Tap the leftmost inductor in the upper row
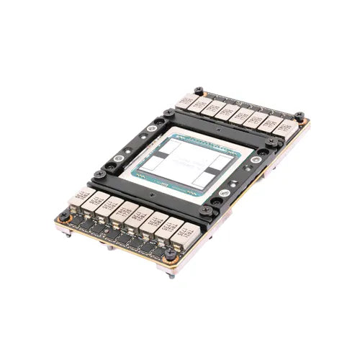click(186, 101)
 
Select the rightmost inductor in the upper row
click(287, 129)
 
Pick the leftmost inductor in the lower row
click(80, 195)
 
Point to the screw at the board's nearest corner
click(170, 253)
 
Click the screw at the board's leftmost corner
click(64, 214)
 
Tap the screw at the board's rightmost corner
click(299, 116)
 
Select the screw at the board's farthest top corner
click(199, 91)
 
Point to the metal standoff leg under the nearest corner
click(171, 274)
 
